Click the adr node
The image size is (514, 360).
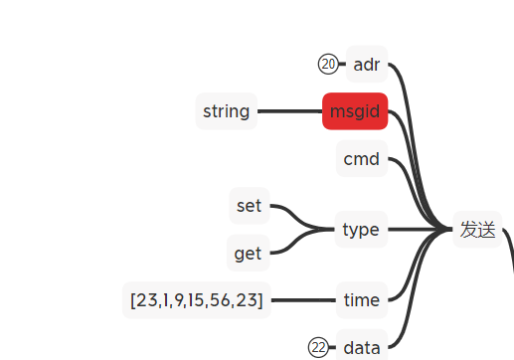pos(367,65)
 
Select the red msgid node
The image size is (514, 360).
pos(354,111)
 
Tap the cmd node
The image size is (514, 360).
pos(361,159)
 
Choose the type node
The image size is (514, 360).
pos(360,230)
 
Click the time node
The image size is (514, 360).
pos(361,299)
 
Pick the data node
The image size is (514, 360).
pos(361,347)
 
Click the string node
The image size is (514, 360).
pos(226,111)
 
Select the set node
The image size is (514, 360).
pos(249,206)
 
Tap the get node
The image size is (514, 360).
pos(248,254)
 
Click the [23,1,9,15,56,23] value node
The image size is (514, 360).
pos(197,299)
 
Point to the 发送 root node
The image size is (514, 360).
pos(477,230)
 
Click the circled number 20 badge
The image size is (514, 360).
pos(328,65)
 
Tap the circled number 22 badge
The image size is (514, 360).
pos(318,347)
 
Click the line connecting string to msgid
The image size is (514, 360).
pos(289,111)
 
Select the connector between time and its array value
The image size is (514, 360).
pos(302,299)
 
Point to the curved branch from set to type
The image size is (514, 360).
pos(294,215)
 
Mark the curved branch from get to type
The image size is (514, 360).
pos(294,245)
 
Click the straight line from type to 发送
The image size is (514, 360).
pos(418,230)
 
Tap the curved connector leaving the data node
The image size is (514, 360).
pos(407,318)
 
